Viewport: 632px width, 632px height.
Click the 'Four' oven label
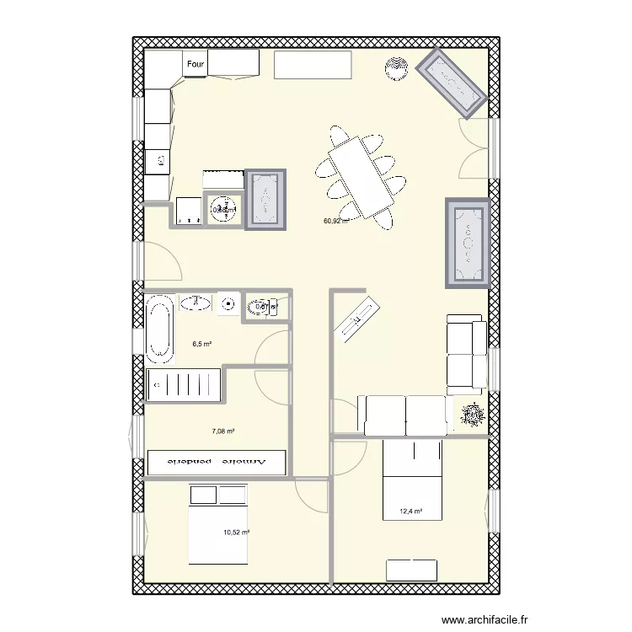coord(195,64)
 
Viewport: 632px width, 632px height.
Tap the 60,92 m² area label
coord(335,222)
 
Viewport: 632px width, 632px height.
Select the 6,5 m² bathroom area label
coord(201,344)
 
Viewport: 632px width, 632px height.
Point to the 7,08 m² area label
coord(222,431)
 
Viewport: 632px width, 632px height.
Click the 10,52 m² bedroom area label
coord(237,532)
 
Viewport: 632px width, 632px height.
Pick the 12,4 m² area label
coord(410,511)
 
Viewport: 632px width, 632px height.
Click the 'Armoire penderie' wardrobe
coord(217,463)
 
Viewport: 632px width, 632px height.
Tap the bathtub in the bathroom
coord(158,327)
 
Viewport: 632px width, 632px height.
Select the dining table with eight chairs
coord(360,177)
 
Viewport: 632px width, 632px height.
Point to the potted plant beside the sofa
coord(474,414)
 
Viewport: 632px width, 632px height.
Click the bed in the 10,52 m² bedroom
coord(217,524)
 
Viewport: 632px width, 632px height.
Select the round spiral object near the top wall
coord(395,67)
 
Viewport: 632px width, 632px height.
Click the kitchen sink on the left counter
coord(158,160)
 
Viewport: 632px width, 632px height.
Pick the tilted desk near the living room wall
coord(356,317)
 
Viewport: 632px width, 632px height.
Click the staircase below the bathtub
coord(184,386)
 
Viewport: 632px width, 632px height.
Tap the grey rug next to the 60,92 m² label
coord(266,199)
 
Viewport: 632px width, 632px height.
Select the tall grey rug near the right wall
coord(468,244)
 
